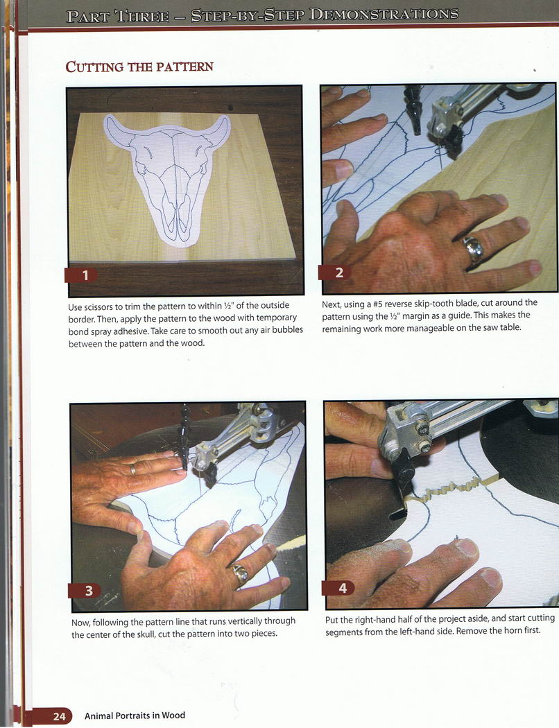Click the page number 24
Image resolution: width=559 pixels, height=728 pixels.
(x=59, y=716)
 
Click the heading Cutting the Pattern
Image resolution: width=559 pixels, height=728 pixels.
(x=139, y=67)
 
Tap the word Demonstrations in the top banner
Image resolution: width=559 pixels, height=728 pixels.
(x=384, y=15)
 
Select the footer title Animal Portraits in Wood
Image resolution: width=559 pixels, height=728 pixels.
(x=135, y=716)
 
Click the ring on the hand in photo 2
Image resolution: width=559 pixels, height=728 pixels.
(x=474, y=250)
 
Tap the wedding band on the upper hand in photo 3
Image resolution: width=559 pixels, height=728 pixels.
(x=133, y=469)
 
